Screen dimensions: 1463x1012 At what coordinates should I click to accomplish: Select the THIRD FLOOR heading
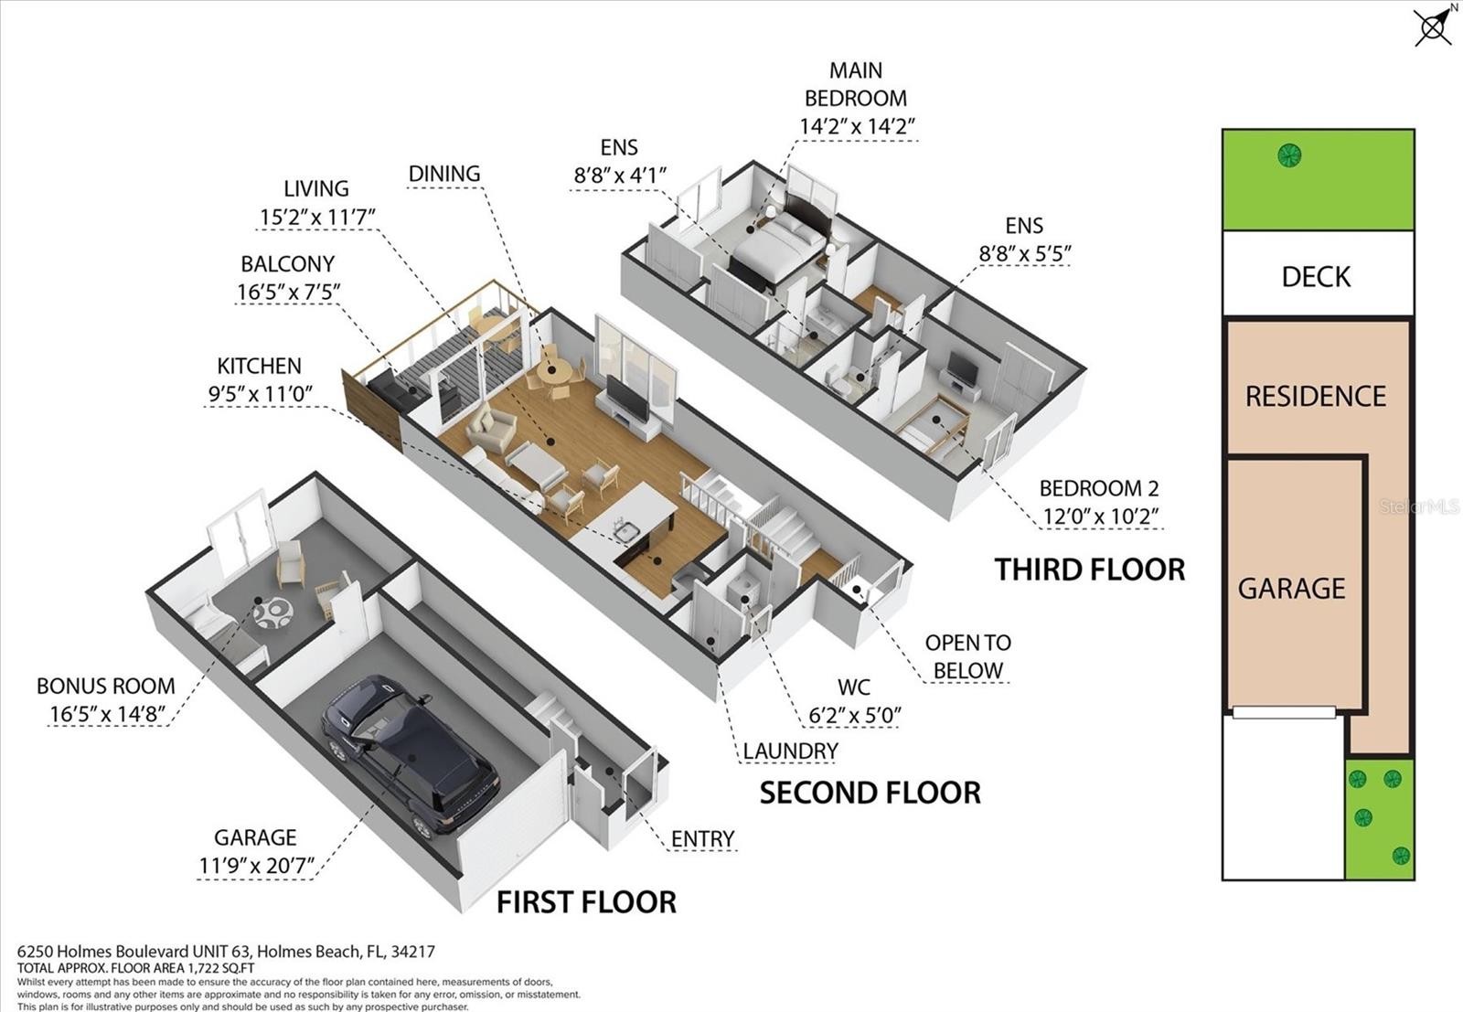(1089, 570)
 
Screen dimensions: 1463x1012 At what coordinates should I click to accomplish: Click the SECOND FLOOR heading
(870, 794)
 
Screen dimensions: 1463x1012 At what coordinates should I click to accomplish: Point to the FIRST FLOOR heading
(586, 902)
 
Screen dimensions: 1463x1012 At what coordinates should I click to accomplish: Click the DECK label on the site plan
(1316, 278)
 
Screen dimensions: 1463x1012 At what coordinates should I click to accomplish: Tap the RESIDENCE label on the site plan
(1316, 397)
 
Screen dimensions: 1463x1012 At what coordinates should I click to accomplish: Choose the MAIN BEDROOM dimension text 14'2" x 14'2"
(857, 126)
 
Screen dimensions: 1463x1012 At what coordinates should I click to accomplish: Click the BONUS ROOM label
(106, 687)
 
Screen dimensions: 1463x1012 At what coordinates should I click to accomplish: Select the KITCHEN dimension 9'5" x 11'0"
(260, 394)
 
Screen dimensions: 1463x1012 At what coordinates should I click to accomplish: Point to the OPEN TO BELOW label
(968, 656)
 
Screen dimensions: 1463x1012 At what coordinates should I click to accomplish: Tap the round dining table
(554, 372)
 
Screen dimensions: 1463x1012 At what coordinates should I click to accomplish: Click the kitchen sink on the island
(626, 532)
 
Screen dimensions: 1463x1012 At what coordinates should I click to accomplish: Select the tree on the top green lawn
(1289, 155)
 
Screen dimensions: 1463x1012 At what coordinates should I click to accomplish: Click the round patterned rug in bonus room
(272, 613)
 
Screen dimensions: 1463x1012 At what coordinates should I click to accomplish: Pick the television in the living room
(627, 399)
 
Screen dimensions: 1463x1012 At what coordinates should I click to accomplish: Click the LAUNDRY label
(790, 751)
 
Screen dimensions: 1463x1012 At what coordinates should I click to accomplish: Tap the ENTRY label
(703, 839)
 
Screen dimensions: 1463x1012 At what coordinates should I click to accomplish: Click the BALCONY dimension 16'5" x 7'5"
(288, 292)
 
